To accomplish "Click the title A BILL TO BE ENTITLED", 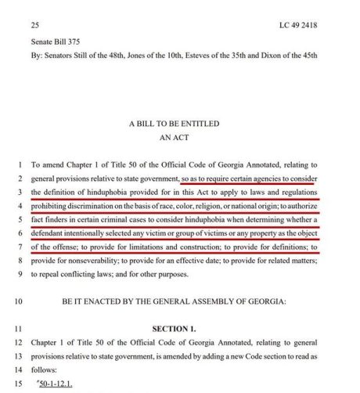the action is click(x=180, y=124).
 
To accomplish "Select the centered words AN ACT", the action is click(x=180, y=137).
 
